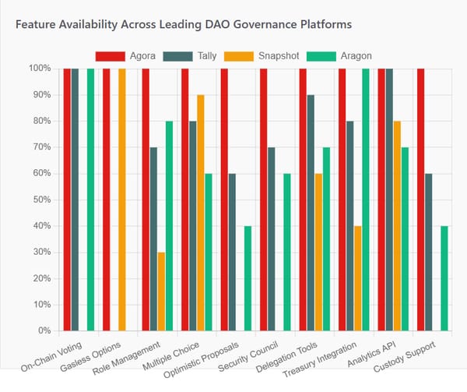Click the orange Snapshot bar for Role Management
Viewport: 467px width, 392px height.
161,291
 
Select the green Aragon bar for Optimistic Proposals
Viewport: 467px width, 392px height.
248,278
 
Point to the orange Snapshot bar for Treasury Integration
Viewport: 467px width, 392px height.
357,278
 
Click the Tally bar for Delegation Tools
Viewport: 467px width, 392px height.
311,213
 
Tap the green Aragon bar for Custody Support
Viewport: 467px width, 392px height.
444,278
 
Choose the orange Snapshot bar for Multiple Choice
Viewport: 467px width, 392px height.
201,213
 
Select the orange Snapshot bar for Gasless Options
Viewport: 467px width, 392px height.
121,200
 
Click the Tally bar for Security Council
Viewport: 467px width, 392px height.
272,239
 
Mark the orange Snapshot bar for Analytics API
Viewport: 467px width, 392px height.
397,226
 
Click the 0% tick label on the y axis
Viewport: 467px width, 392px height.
46,331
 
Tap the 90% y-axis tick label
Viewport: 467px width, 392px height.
43,95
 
